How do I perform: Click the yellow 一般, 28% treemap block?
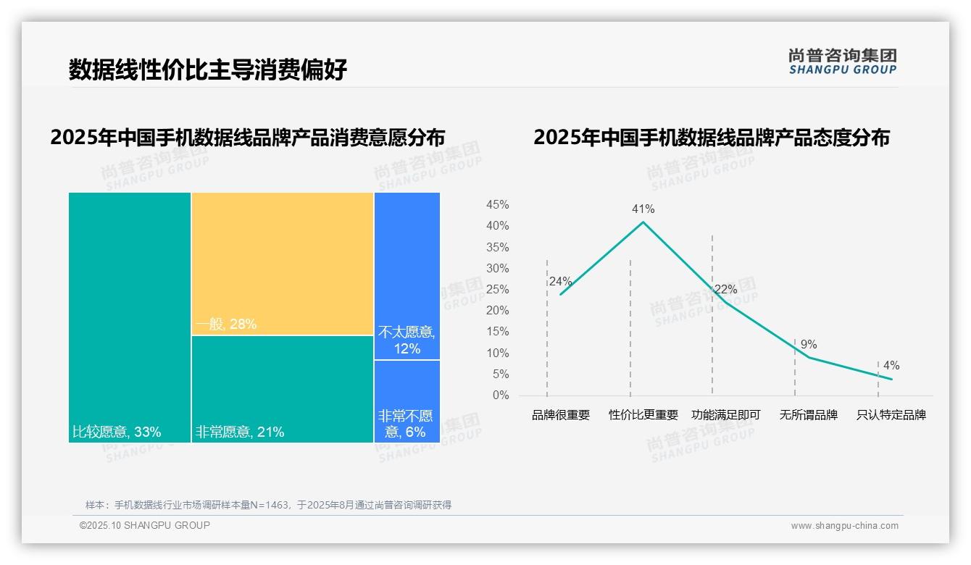[x=283, y=264]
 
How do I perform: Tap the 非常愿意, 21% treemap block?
[x=283, y=389]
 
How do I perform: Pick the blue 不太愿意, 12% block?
[x=407, y=276]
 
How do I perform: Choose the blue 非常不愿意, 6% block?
[x=407, y=401]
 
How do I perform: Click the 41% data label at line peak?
[x=643, y=209]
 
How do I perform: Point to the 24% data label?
[x=560, y=282]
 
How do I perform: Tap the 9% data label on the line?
[x=809, y=345]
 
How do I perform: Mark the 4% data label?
[x=891, y=366]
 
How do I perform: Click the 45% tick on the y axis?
[x=497, y=205]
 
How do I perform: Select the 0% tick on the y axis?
[x=501, y=395]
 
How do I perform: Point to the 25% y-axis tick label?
[x=497, y=290]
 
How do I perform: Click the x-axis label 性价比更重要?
[x=643, y=415]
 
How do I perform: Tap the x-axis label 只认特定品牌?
[x=891, y=415]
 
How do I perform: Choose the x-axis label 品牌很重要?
[x=561, y=415]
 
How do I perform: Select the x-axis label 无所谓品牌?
[x=809, y=415]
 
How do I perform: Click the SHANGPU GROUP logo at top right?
[x=843, y=61]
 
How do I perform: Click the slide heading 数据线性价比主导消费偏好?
[x=208, y=70]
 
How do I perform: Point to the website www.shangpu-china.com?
[x=844, y=526]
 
